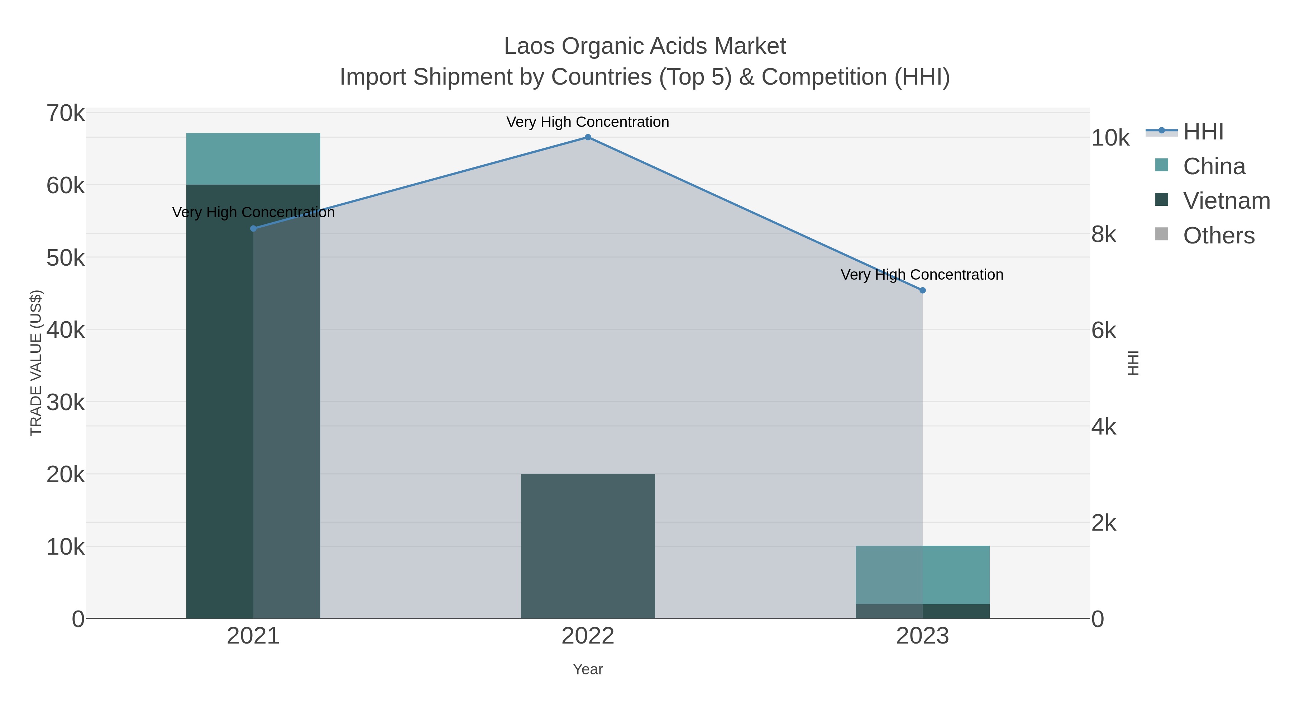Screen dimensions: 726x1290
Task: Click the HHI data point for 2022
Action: tap(588, 137)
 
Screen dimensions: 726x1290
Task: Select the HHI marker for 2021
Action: tap(253, 228)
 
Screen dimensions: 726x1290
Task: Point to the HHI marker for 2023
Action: tap(922, 290)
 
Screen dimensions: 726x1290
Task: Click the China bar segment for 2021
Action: tap(253, 159)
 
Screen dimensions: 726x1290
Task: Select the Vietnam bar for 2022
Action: tap(588, 546)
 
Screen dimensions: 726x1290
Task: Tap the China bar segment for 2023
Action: tap(922, 575)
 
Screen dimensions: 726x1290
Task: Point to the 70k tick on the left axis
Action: tap(66, 114)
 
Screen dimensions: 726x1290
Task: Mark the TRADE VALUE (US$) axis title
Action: tap(36, 363)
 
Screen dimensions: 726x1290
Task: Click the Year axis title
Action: tap(588, 669)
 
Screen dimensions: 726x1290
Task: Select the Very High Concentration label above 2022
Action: tap(588, 122)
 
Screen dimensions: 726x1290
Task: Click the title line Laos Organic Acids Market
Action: tap(645, 46)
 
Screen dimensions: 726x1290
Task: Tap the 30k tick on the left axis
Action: tap(66, 402)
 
